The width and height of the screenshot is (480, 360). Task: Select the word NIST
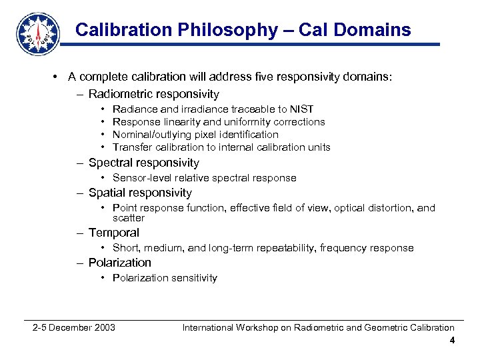click(301, 109)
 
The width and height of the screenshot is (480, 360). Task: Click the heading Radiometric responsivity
click(153, 94)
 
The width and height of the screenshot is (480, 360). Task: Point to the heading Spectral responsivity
click(143, 163)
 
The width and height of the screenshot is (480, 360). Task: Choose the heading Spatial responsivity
click(140, 193)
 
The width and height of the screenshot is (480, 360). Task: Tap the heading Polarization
click(119, 263)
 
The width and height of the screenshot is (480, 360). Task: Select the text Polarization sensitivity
click(165, 278)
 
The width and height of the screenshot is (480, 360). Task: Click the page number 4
click(452, 341)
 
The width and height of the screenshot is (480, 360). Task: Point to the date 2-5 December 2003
click(74, 327)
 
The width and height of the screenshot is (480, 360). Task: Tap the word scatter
click(129, 218)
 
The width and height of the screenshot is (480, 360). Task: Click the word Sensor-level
click(141, 178)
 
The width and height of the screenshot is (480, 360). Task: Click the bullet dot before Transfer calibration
click(103, 147)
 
